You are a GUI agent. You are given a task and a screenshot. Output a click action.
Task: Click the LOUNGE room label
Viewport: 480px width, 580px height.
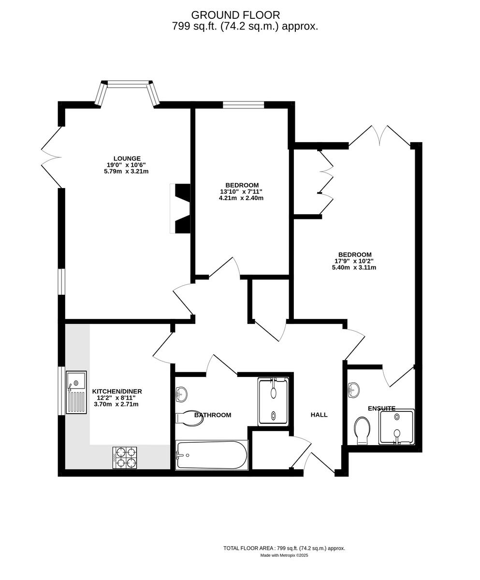127,159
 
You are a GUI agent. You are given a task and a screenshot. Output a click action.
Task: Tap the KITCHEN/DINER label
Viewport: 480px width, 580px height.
117,391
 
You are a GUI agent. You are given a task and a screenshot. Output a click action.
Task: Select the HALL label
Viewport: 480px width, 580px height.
319,415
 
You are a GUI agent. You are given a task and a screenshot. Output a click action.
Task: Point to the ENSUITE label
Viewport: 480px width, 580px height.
381,408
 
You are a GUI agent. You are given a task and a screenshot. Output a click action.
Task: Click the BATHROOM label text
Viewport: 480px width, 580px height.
213,415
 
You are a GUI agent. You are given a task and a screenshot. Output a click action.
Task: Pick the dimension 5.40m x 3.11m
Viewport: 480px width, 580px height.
354,267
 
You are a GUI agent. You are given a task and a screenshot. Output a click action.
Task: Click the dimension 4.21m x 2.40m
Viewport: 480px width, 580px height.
241,198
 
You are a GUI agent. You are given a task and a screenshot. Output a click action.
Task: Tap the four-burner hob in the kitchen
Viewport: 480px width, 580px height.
125,458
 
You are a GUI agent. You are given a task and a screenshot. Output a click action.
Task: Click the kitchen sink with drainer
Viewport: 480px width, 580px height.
76,392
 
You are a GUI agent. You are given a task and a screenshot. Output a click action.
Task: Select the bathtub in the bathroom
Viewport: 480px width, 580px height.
212,455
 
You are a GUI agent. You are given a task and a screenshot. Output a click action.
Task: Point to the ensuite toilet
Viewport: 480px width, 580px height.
362,430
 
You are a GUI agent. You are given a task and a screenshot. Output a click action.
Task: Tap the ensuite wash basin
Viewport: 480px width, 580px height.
353,390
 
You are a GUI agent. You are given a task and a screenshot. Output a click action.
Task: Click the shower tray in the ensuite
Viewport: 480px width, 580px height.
397,427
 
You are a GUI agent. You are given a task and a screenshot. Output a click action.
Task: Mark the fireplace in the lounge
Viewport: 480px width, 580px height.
181,208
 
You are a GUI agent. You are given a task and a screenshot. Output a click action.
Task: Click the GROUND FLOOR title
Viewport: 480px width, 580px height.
235,15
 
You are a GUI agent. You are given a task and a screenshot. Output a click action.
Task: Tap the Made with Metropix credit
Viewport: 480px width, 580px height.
284,555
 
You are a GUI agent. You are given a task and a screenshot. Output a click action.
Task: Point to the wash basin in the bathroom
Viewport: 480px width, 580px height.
181,394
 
